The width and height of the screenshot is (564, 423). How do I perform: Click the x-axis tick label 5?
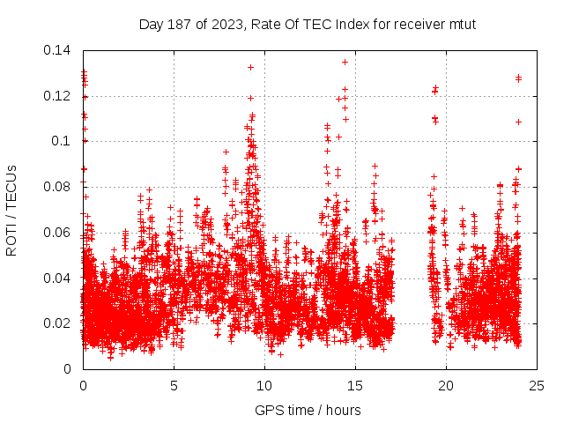(174, 385)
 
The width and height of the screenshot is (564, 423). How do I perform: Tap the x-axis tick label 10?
(264, 385)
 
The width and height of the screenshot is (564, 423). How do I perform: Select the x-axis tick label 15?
(355, 385)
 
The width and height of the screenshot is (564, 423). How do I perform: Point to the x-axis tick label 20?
(446, 385)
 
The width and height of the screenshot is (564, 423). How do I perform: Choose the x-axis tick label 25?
(537, 385)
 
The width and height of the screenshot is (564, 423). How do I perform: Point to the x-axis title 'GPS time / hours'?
(308, 410)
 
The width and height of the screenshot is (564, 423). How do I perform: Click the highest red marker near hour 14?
(345, 62)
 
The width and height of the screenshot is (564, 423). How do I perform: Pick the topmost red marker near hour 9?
(250, 67)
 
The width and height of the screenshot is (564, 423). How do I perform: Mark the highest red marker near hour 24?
(518, 78)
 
